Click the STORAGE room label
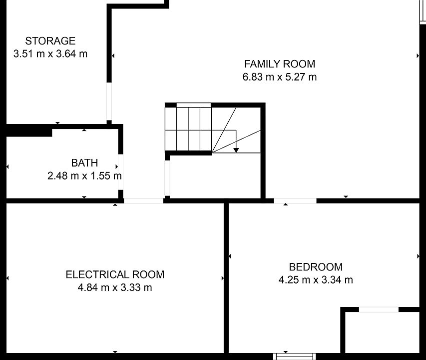(50, 41)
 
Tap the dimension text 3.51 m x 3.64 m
(50, 54)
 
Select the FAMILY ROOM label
(280, 64)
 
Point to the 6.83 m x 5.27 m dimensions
(280, 77)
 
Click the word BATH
(84, 163)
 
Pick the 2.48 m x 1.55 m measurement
(84, 176)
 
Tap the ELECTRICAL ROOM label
(115, 274)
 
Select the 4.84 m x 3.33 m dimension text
(115, 287)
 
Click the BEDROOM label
(316, 267)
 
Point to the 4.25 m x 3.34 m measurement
(316, 280)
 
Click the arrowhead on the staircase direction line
(236, 150)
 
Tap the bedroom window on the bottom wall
(295, 356)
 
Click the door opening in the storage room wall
(109, 101)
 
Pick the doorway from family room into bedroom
(295, 201)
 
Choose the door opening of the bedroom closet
(379, 309)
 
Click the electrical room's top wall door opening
(143, 201)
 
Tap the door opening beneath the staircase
(167, 178)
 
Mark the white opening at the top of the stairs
(194, 105)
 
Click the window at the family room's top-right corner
(423, 12)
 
